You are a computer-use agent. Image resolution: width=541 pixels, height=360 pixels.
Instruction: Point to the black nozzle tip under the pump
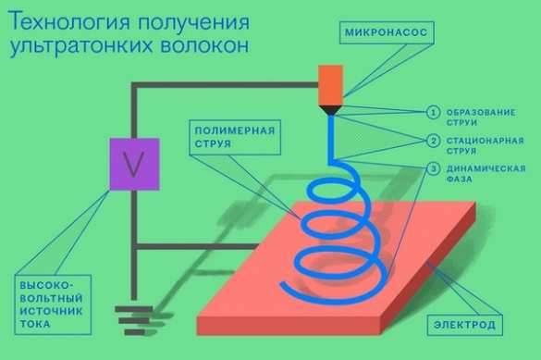(x=330, y=110)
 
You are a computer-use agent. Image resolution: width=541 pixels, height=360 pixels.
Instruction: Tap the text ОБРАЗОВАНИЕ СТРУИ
(x=483, y=118)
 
